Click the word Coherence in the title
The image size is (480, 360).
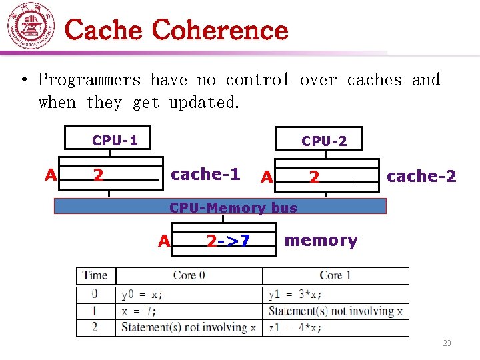tap(220, 30)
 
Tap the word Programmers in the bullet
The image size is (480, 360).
tap(89, 80)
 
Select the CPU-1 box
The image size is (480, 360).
tap(115, 140)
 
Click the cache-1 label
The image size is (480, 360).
tap(205, 175)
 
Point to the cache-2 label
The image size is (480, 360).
tap(421, 177)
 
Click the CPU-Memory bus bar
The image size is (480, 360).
tap(220, 207)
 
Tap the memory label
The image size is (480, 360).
tap(321, 241)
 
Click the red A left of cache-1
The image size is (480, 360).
tap(50, 175)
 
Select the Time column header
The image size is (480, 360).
tap(95, 275)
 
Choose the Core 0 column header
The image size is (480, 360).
tap(189, 275)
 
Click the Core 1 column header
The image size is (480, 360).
tap(335, 275)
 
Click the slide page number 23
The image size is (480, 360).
tap(447, 343)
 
